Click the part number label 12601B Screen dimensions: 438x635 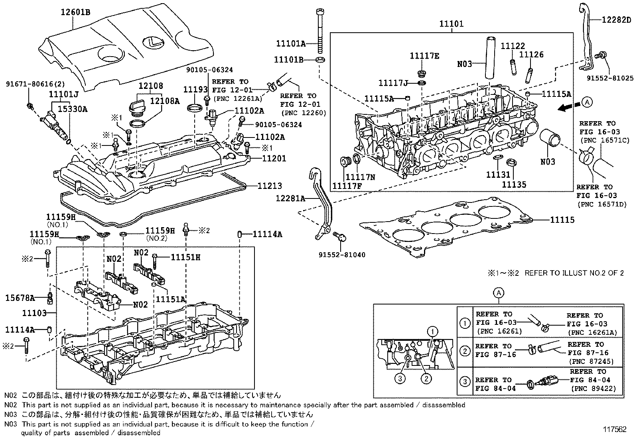pos(75,12)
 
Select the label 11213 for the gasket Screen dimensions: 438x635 pos(269,186)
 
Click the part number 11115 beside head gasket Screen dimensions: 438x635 pos(562,220)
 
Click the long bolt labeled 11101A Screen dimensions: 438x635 pos(320,32)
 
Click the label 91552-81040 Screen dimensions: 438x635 pos(341,255)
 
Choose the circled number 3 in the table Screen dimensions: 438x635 pos(465,381)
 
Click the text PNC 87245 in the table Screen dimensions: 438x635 pos(591,361)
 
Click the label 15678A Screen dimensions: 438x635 pos(20,297)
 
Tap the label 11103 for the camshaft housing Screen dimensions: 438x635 pos(34,313)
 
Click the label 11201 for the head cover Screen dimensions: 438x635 pos(274,159)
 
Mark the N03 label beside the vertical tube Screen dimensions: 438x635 pos(464,64)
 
